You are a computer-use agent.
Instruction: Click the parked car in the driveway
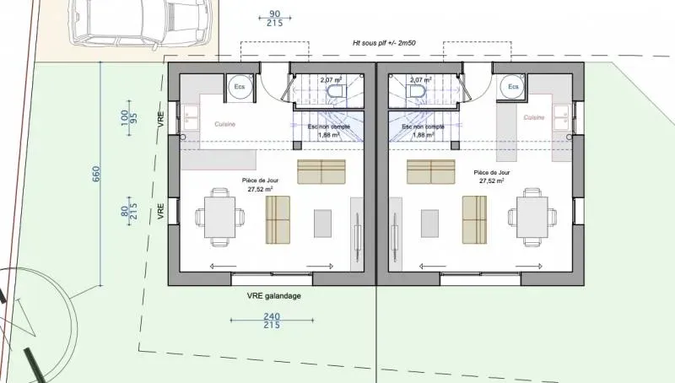135,21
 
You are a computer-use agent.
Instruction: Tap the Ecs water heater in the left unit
240,87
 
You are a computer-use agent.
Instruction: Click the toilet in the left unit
335,92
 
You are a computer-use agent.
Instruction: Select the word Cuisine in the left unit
224,124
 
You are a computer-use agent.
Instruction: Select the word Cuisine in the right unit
533,117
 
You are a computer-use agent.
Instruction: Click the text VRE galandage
274,296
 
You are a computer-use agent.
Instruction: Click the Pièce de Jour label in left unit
261,184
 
